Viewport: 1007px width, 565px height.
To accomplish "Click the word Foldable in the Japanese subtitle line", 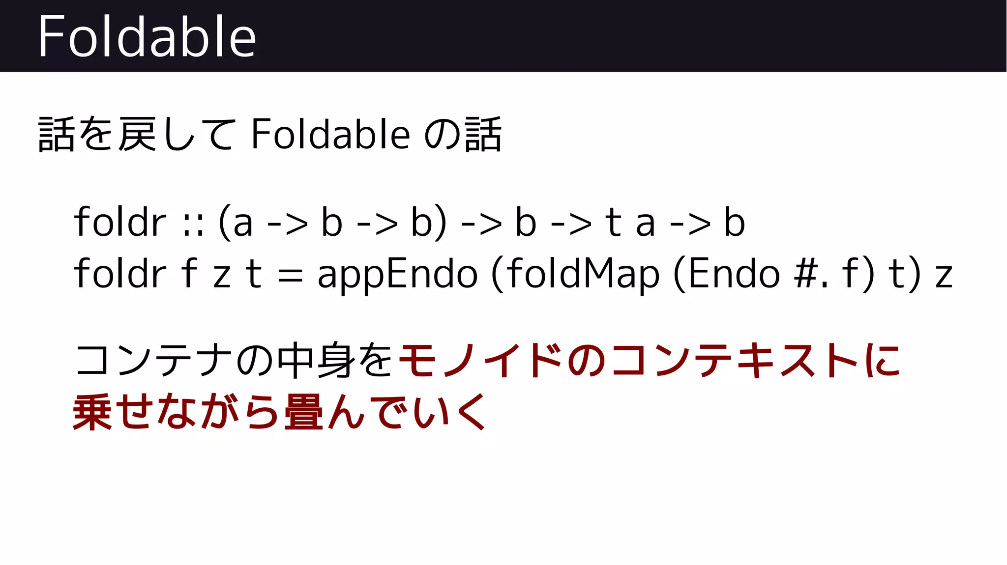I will (330, 134).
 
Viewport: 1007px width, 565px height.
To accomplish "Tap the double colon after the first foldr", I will (193, 224).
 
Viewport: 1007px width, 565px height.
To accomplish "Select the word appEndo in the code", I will (397, 275).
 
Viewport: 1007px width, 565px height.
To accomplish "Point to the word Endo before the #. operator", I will (734, 274).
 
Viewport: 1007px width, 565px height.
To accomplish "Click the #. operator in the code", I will (811, 275).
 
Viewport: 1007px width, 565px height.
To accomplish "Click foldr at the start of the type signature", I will (120, 222).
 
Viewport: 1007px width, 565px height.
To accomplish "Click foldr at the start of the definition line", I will (120, 274).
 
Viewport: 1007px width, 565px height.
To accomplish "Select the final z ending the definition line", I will (944, 277).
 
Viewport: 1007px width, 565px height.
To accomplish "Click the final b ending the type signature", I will (734, 222).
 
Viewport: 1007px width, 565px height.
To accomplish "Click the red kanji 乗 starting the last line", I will (92, 412).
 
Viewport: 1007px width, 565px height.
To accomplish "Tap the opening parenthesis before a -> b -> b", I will (225, 223).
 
